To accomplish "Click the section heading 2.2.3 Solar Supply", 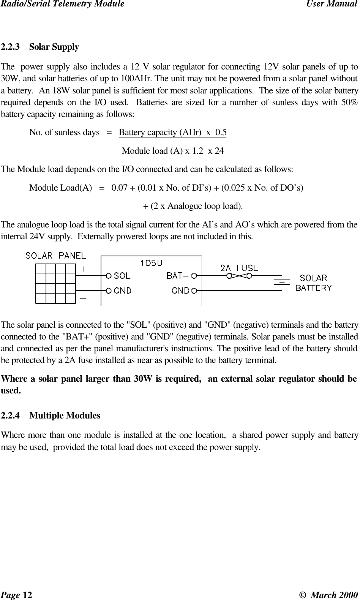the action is [40, 47].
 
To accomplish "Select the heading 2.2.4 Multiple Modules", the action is [51, 416].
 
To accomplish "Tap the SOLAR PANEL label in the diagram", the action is [55, 256].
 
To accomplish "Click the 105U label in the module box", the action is [151, 263].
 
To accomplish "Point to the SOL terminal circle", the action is [109, 275].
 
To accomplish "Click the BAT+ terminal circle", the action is [194, 275].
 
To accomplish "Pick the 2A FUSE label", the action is [239, 268].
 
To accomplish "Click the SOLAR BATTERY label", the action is [313, 283].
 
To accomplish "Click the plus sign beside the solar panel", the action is [83, 269].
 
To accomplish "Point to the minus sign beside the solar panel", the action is [83, 298].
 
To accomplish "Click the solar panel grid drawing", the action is [55, 283].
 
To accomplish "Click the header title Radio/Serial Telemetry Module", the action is [62, 5].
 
